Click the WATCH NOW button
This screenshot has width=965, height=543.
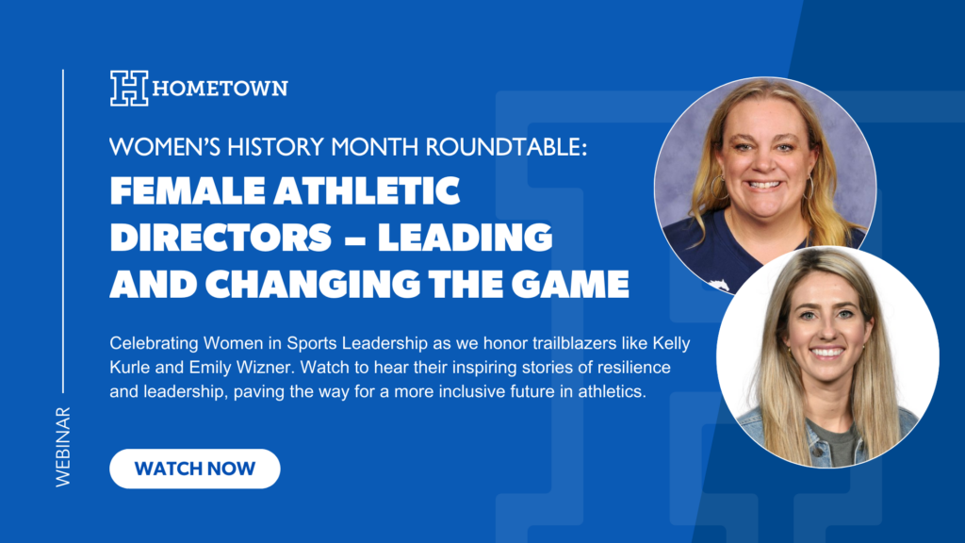194,469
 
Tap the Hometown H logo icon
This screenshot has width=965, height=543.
129,88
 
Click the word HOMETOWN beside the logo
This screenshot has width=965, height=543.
221,89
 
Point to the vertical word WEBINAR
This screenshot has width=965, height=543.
63,447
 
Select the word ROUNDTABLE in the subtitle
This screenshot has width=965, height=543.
506,147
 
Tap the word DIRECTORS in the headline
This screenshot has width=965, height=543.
221,238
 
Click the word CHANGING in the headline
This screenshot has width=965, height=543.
313,284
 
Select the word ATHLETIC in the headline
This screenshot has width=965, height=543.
367,190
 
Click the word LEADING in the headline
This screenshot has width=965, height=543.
465,238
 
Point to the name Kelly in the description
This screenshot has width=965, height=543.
671,343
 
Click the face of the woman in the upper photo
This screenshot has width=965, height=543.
763,161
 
